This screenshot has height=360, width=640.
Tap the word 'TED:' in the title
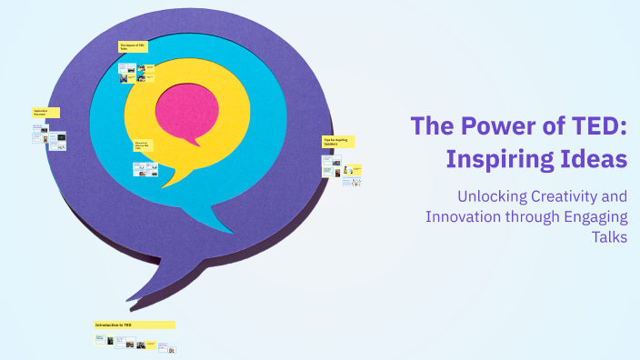tap(595, 126)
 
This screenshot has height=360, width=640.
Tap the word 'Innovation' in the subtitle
tap(465, 216)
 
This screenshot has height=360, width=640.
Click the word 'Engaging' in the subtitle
tap(595, 216)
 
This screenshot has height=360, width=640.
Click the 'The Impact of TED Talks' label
tap(133, 46)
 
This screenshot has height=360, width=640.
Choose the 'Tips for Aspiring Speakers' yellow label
tap(337, 142)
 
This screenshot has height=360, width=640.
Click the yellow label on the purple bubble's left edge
tap(45, 113)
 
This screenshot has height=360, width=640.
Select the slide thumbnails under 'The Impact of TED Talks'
tap(136, 73)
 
